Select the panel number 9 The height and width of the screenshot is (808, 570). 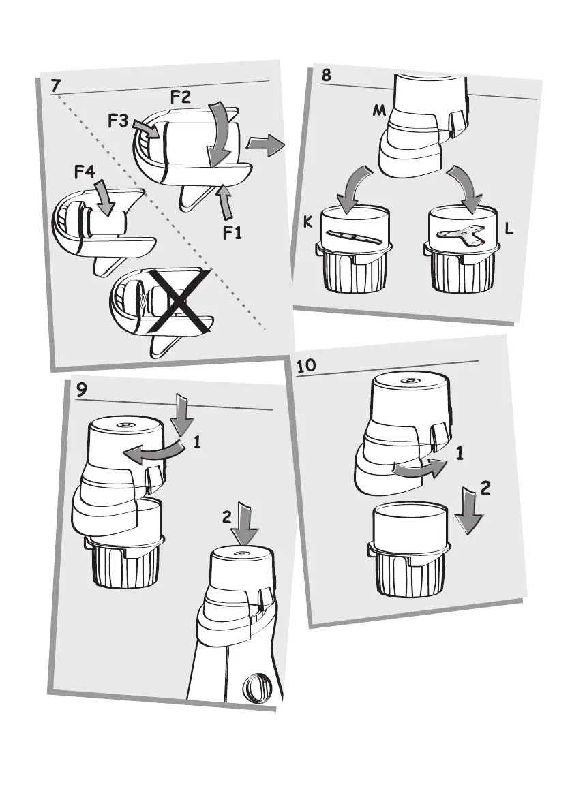pyautogui.click(x=82, y=391)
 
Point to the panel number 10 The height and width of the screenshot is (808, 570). pyautogui.click(x=307, y=365)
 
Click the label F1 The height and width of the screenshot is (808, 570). pyautogui.click(x=232, y=234)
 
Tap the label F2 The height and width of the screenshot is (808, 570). pyautogui.click(x=181, y=97)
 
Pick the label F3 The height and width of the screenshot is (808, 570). pyautogui.click(x=118, y=122)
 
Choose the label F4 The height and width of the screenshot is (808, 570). pyautogui.click(x=85, y=173)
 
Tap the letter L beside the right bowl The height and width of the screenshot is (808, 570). pyautogui.click(x=509, y=232)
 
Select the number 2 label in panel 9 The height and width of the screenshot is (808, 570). pyautogui.click(x=226, y=518)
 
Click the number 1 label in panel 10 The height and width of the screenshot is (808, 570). pyautogui.click(x=460, y=453)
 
